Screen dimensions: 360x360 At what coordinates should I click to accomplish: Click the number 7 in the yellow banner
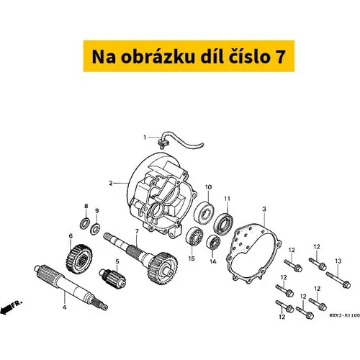[280, 57]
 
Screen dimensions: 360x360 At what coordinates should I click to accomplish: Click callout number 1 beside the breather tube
[145, 138]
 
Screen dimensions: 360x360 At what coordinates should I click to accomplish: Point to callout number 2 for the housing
[111, 184]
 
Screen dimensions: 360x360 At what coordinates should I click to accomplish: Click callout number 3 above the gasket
[264, 209]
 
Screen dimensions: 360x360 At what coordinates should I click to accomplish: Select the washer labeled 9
[95, 229]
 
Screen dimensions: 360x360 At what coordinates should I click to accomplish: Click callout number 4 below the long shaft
[64, 307]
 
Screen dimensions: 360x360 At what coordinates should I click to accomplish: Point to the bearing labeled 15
[194, 237]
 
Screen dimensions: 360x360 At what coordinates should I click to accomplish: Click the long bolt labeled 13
[338, 280]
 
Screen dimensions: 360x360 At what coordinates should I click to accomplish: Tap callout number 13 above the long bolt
[338, 261]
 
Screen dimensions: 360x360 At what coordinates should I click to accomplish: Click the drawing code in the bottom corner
[345, 315]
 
